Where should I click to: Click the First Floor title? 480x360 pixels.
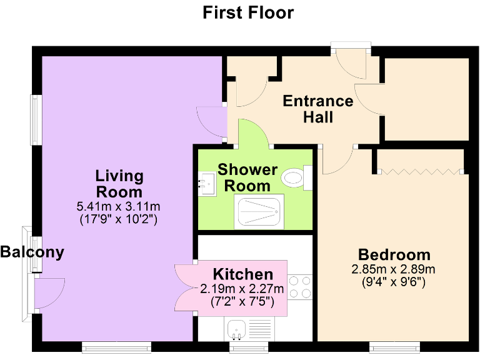(x=248, y=12)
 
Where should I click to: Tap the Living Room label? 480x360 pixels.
(x=119, y=184)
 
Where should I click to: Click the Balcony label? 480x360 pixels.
(x=32, y=252)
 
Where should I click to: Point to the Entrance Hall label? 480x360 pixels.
(x=317, y=109)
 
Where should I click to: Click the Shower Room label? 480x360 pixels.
(x=247, y=177)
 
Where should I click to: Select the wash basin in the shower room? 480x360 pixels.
(x=205, y=184)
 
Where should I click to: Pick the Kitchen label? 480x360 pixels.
(x=242, y=274)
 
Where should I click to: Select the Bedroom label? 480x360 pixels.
(x=394, y=255)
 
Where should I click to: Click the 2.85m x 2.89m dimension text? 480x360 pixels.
(x=394, y=269)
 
